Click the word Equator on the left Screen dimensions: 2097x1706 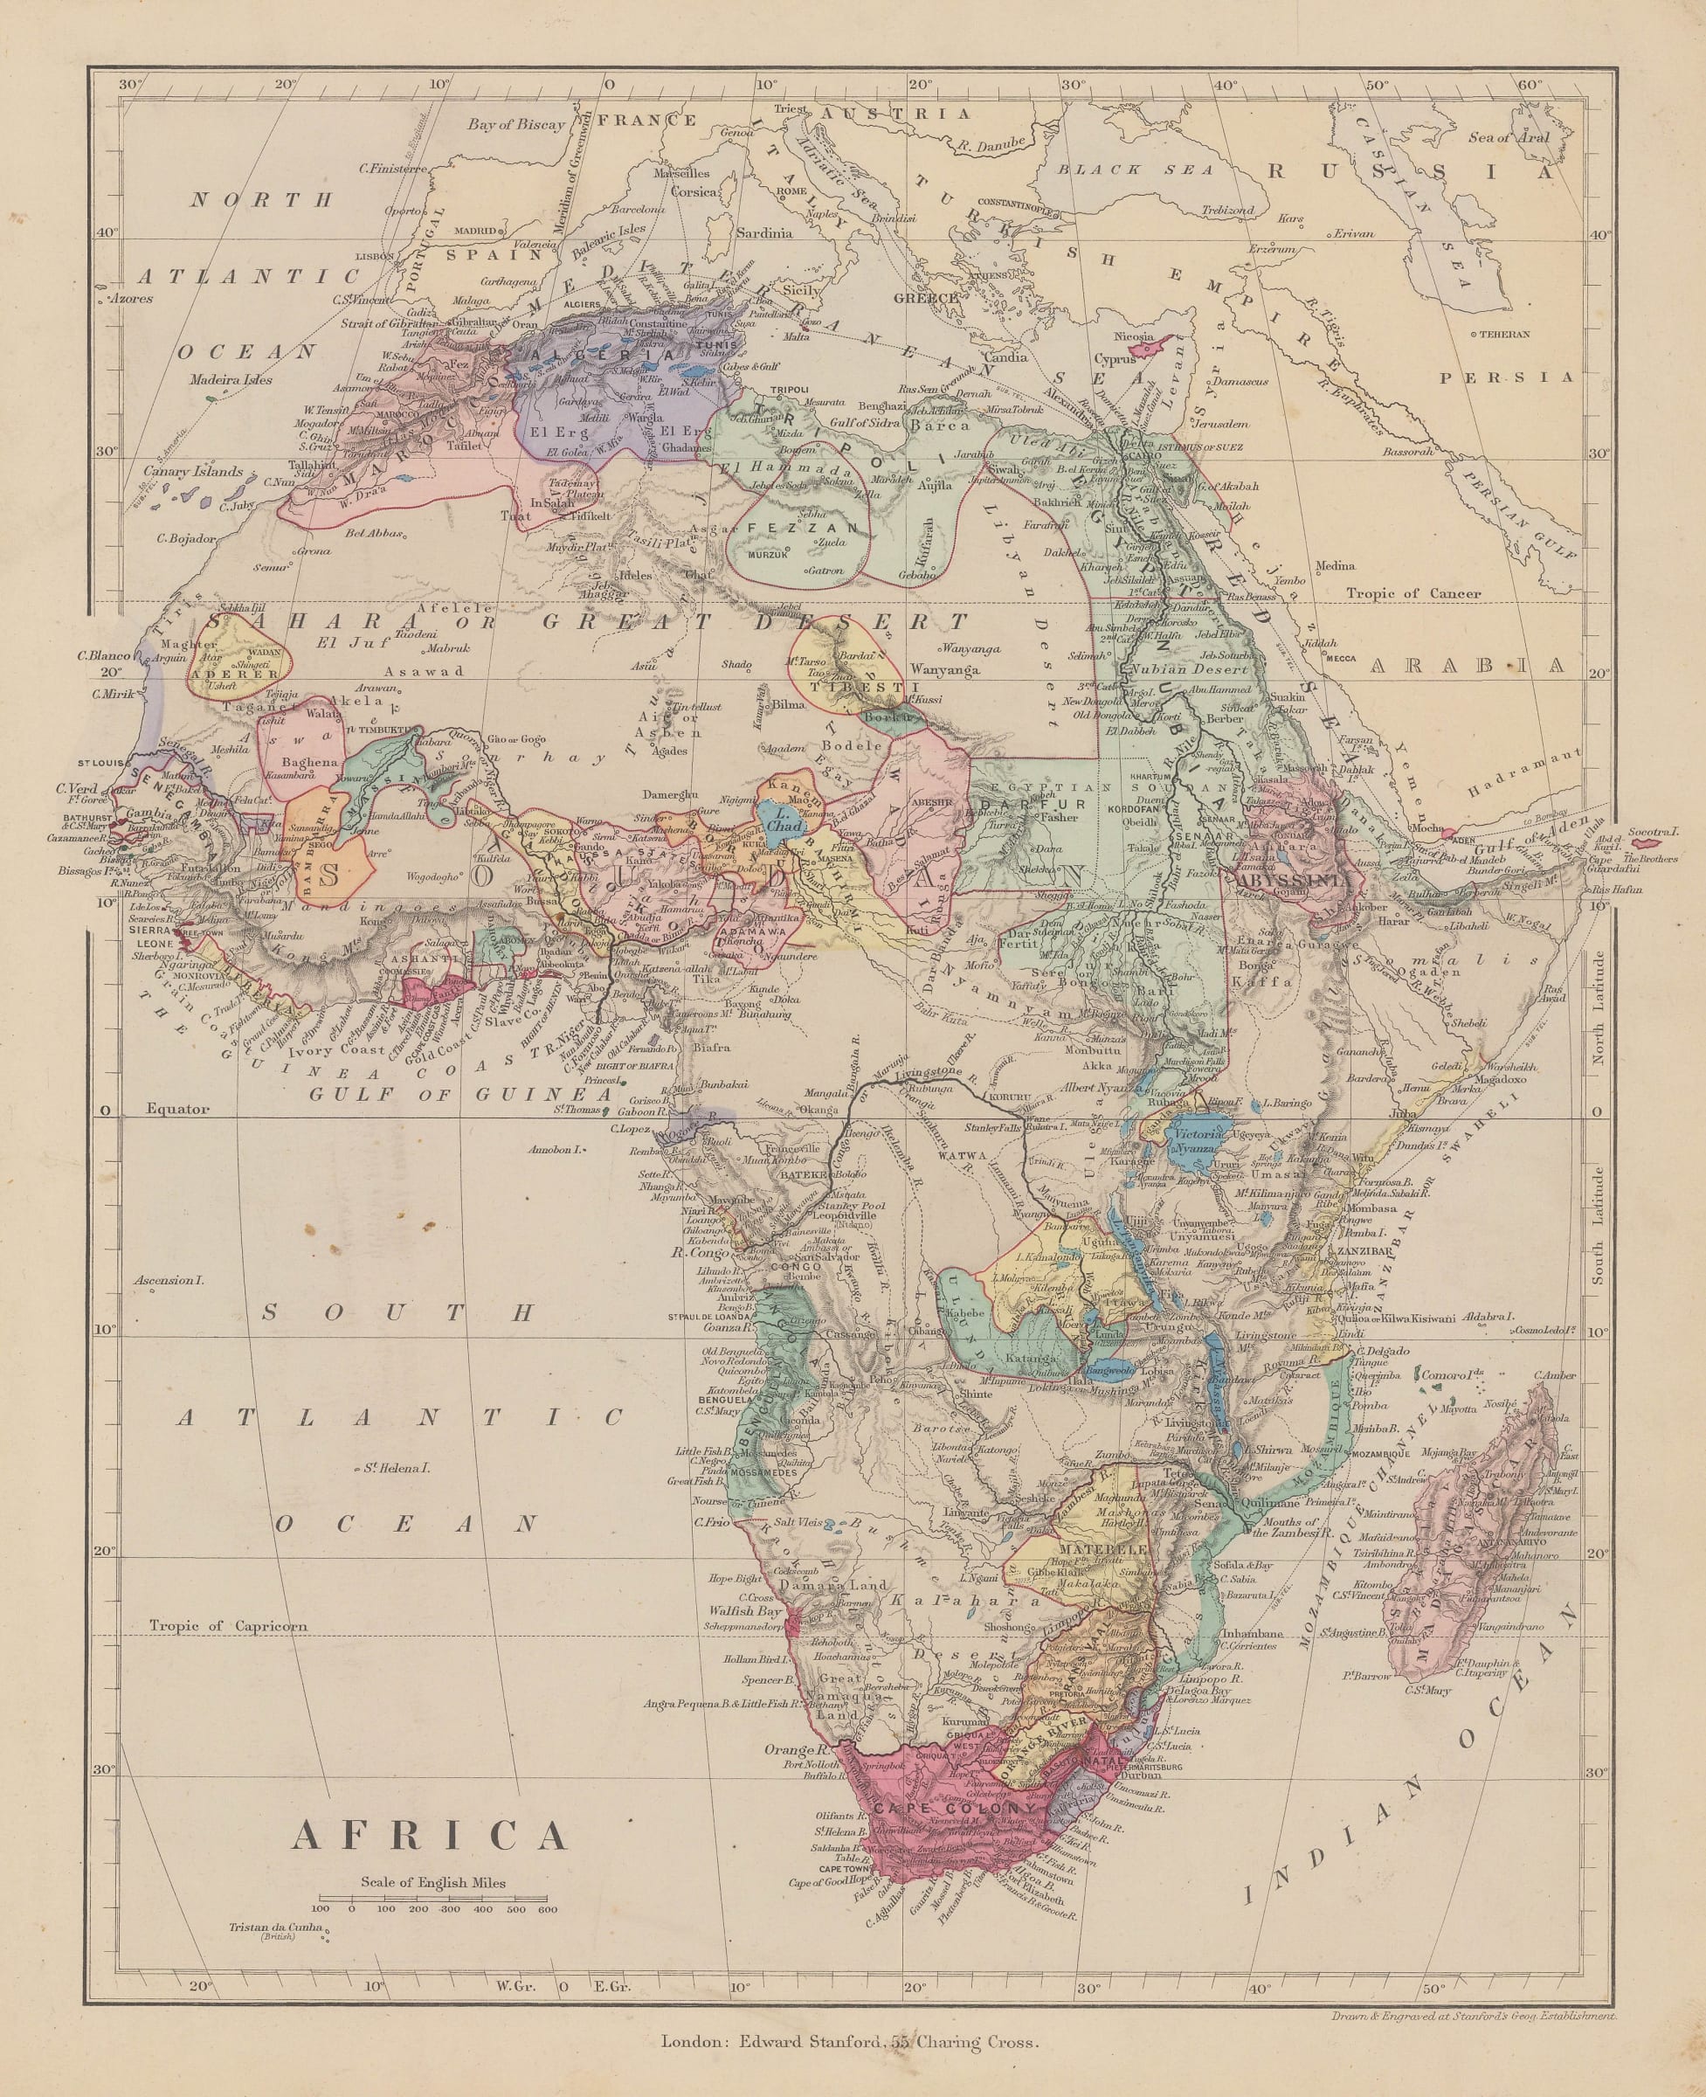click(x=178, y=1109)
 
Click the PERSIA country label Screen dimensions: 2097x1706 click(x=1506, y=377)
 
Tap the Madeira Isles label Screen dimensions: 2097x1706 click(x=230, y=379)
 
